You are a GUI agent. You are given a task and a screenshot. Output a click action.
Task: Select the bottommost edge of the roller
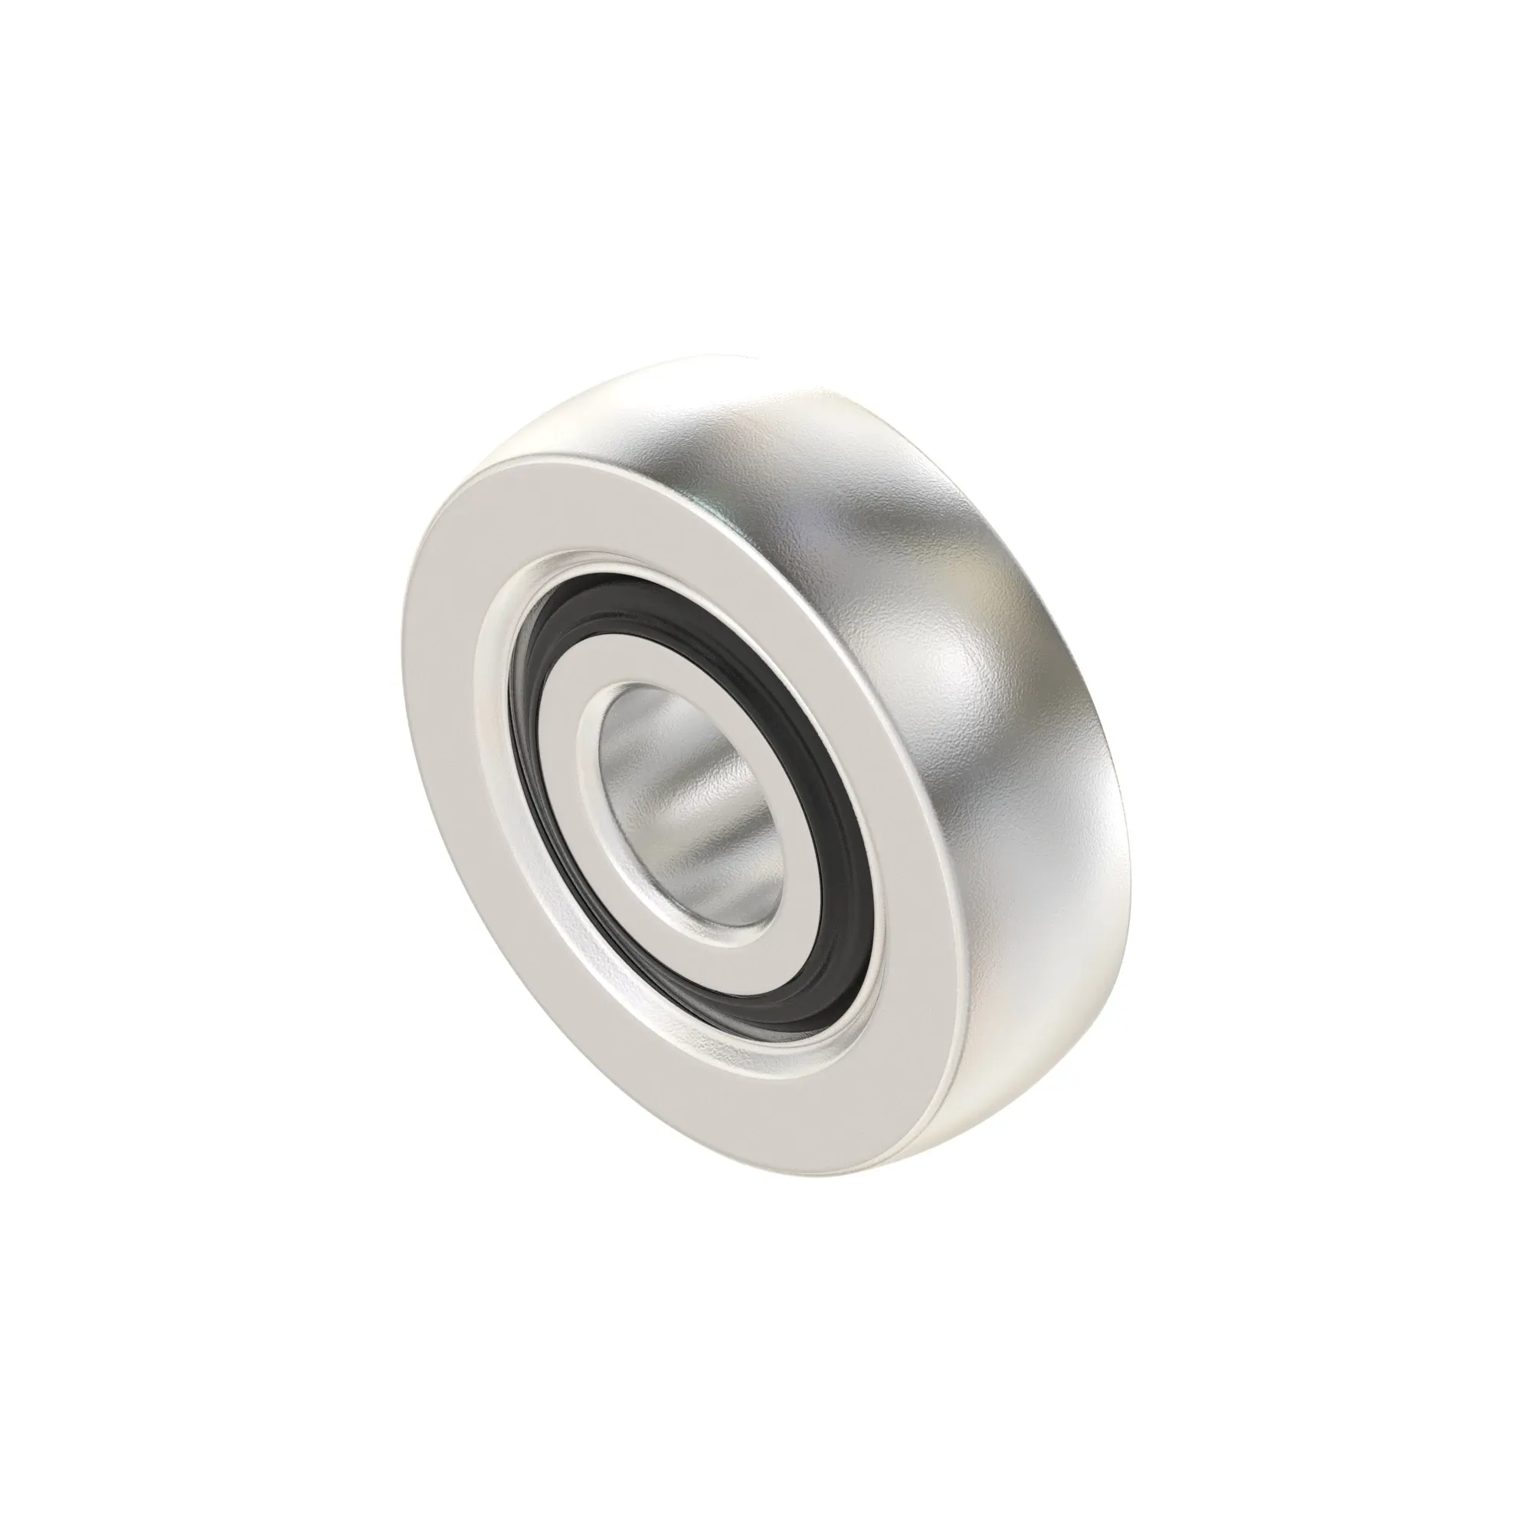click(x=856, y=1150)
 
